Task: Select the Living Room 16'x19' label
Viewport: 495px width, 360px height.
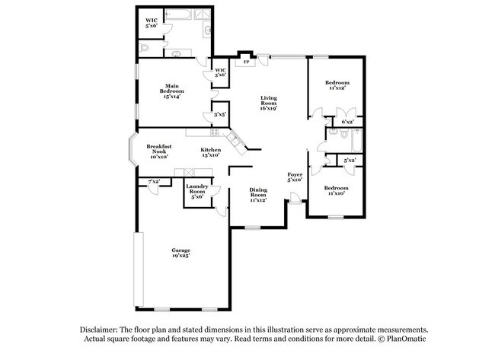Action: (269, 103)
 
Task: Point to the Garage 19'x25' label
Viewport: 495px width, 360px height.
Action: (180, 253)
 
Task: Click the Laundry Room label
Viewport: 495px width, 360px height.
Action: (196, 192)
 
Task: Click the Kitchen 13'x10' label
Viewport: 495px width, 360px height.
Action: (210, 152)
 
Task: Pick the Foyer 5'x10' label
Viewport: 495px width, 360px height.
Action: (295, 177)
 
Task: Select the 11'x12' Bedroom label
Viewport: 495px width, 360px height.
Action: (337, 85)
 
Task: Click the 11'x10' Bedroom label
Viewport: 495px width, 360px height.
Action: (336, 190)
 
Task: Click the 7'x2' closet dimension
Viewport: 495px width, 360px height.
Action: (153, 181)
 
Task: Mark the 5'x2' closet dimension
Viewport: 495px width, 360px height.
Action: (350, 161)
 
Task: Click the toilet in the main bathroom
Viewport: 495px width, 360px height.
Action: (147, 47)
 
